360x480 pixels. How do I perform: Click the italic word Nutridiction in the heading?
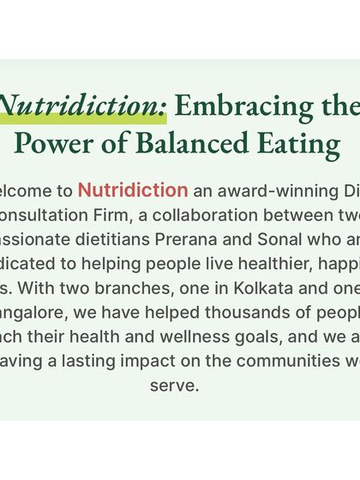coord(83,105)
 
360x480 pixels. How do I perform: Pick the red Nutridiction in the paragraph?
coord(133,190)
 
